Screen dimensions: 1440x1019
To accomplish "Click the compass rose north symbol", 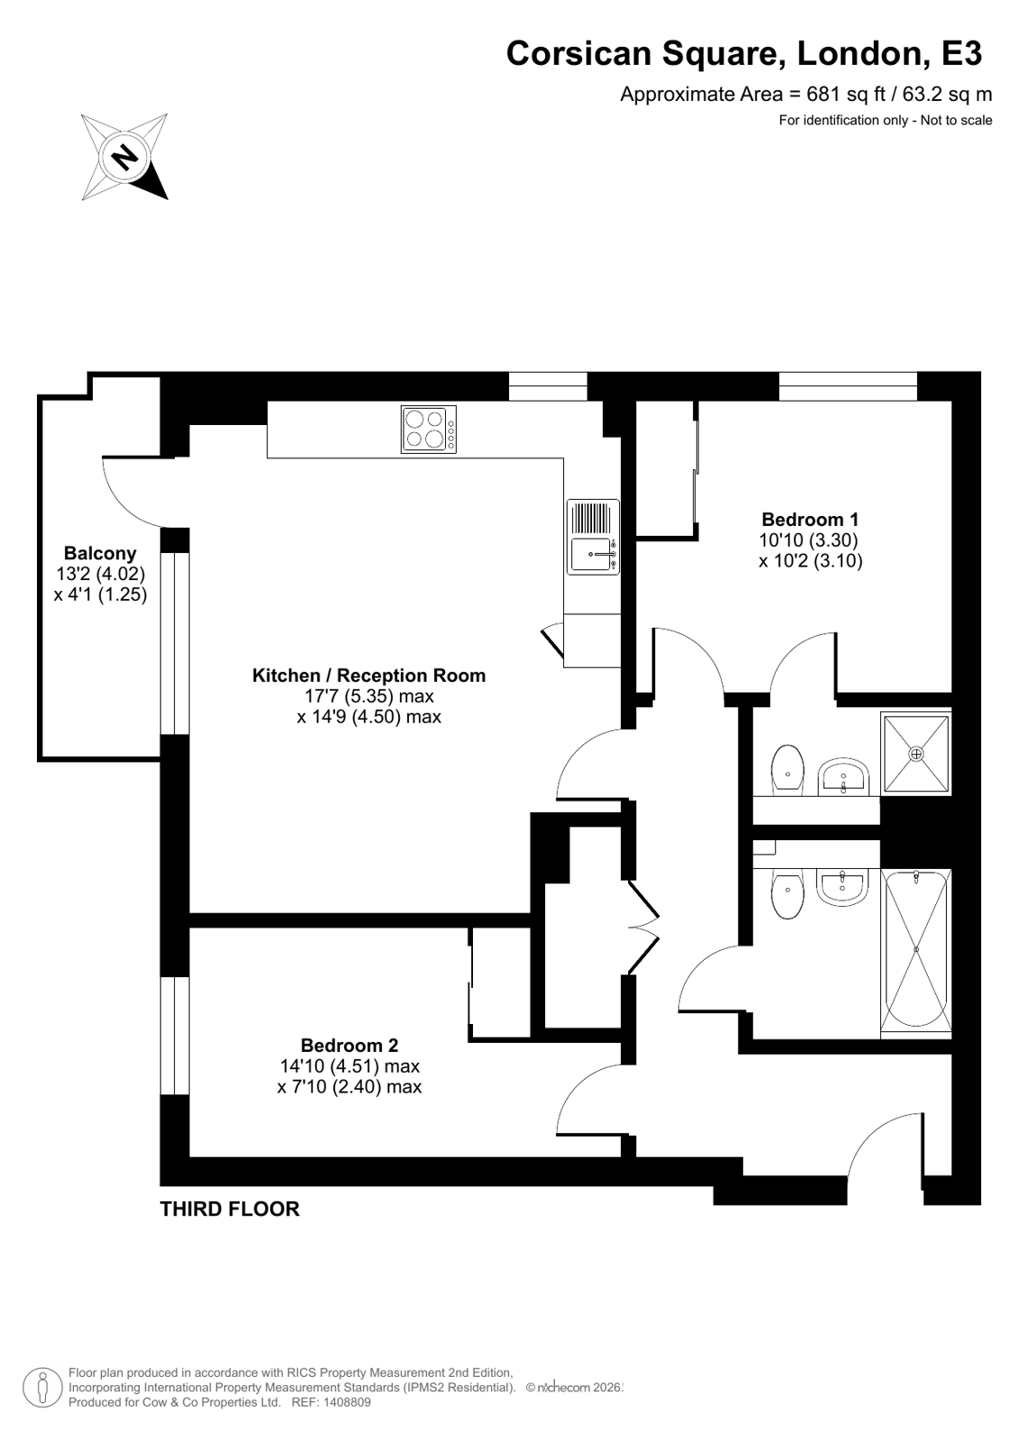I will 124,157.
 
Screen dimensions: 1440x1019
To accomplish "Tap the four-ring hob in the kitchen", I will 428,430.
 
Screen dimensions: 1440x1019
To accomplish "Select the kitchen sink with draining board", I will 593,537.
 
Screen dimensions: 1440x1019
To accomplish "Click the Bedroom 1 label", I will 810,520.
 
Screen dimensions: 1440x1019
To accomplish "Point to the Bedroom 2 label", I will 349,1046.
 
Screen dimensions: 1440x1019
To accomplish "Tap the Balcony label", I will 99,554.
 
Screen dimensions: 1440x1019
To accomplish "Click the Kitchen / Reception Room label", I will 368,675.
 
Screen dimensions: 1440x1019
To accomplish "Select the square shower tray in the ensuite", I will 915,752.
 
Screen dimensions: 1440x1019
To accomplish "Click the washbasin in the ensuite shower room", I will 842,777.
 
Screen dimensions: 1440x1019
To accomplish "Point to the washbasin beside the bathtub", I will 842,885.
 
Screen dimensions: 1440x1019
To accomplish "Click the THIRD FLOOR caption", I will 230,1209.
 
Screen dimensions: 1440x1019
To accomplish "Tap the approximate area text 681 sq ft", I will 805,95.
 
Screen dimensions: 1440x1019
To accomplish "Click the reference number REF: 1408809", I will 330,1402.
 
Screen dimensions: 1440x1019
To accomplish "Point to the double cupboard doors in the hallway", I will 644,928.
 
